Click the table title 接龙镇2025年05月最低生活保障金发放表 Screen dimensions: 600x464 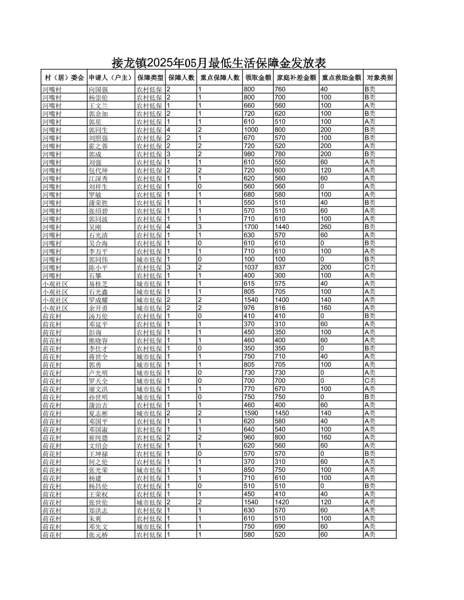tap(219, 63)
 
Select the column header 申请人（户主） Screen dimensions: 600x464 tap(110, 78)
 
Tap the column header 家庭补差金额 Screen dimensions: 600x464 tap(296, 78)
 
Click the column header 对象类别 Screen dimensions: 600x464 tap(380, 78)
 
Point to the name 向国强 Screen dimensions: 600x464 tap(98, 89)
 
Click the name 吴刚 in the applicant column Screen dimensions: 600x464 tap(95, 227)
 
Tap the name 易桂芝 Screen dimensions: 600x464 tap(98, 284)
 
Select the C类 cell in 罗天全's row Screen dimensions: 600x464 tap(370, 381)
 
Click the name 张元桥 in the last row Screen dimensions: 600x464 tap(98, 534)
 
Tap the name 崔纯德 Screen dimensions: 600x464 tap(98, 438)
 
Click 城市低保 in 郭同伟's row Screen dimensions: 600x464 tap(149, 259)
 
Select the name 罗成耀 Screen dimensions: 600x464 tap(98, 300)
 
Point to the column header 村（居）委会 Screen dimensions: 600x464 tap(64, 78)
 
